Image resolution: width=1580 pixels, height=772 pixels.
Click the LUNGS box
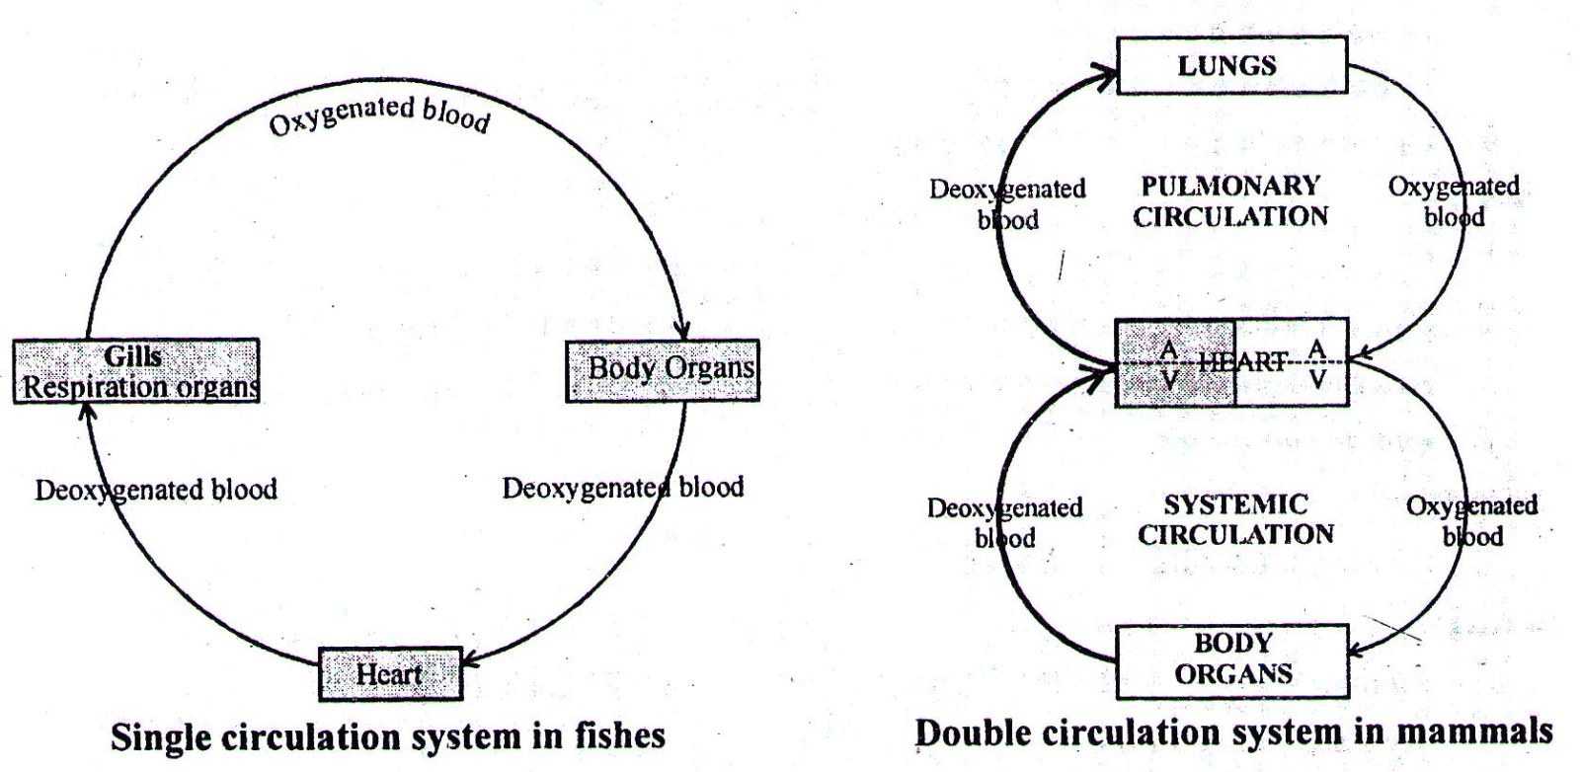click(x=1230, y=65)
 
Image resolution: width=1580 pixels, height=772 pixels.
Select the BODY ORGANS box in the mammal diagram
click(x=1231, y=659)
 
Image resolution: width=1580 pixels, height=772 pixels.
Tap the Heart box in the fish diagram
click(x=390, y=674)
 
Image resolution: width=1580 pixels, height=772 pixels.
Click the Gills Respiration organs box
click(x=136, y=370)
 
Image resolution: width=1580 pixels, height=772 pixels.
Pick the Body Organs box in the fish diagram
click(x=662, y=370)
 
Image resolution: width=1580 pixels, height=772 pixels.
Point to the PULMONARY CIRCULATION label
click(x=1230, y=200)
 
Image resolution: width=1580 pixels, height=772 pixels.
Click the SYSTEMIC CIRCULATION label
click(x=1235, y=519)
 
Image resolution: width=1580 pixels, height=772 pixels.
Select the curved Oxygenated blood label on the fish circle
click(x=379, y=115)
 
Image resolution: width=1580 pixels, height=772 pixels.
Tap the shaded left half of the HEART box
click(x=1175, y=362)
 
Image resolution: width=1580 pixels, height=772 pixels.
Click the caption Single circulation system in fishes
click(x=387, y=736)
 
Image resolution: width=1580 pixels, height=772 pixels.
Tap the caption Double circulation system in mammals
click(x=1233, y=733)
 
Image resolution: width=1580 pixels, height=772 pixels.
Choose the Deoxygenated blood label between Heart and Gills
click(x=156, y=490)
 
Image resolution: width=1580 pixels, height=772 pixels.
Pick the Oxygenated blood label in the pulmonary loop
click(x=1454, y=201)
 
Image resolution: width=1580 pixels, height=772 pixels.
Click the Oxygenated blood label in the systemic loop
click(x=1471, y=520)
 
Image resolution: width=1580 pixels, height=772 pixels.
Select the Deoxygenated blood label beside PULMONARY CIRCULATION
click(x=1007, y=203)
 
